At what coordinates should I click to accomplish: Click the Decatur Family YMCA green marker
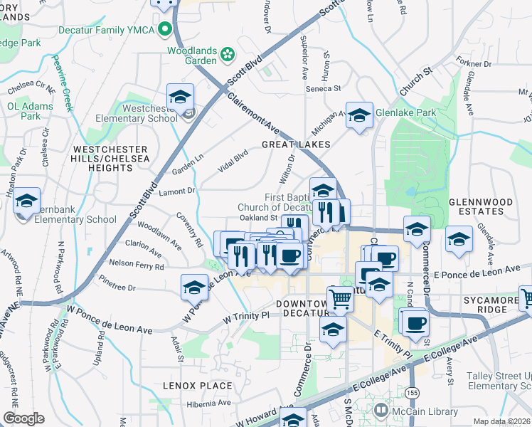coord(165,29)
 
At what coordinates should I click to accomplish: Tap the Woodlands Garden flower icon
coord(228,53)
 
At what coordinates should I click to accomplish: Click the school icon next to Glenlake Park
coord(359,115)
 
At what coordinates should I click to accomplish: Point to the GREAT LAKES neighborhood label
coord(296,144)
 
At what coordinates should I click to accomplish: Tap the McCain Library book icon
coord(381,410)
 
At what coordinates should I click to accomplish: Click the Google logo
coord(23,418)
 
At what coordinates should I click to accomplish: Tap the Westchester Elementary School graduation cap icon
coord(181,97)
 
